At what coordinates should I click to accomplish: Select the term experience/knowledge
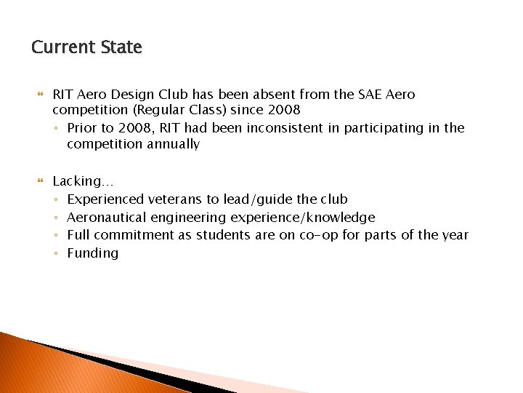(303, 218)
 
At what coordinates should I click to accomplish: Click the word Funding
(92, 253)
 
